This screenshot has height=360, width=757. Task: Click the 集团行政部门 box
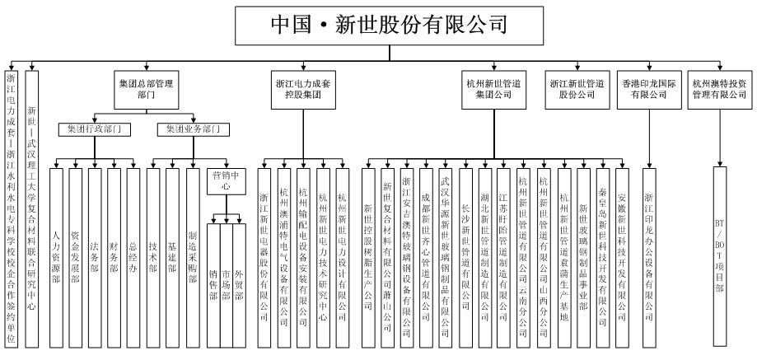pyautogui.click(x=94, y=129)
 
